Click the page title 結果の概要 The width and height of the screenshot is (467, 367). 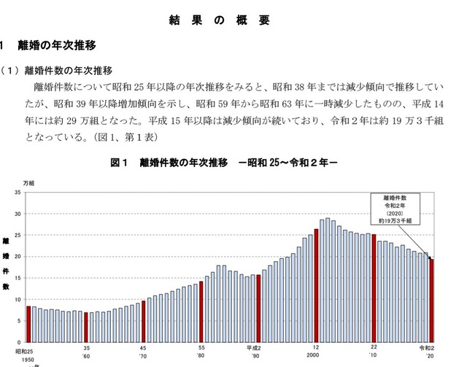click(x=220, y=20)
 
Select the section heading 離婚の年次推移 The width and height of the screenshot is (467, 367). click(x=57, y=45)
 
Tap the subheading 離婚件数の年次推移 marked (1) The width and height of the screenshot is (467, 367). click(x=68, y=71)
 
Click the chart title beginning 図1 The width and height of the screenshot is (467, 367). click(x=224, y=163)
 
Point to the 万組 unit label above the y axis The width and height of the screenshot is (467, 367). click(x=28, y=183)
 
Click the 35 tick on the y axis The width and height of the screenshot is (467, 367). click(x=18, y=193)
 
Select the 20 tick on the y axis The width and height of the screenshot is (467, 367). click(x=18, y=257)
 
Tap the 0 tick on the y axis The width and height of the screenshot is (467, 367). click(x=19, y=342)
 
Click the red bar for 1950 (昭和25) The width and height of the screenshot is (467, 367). click(x=28, y=325)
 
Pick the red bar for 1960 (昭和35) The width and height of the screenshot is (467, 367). click(x=86, y=328)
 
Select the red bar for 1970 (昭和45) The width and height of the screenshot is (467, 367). click(x=144, y=322)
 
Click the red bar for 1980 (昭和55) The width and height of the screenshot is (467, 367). click(x=201, y=312)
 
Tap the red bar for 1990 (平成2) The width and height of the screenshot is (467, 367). click(x=258, y=309)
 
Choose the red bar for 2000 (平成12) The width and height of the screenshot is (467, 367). click(x=316, y=286)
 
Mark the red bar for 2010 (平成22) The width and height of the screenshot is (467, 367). click(x=374, y=288)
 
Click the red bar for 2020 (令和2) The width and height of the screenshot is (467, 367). click(x=431, y=301)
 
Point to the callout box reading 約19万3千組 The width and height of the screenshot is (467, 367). click(x=395, y=209)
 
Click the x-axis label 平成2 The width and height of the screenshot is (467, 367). click(x=253, y=348)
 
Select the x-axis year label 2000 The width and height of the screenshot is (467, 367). click(x=313, y=355)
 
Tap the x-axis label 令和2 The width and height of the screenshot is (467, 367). click(x=427, y=348)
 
